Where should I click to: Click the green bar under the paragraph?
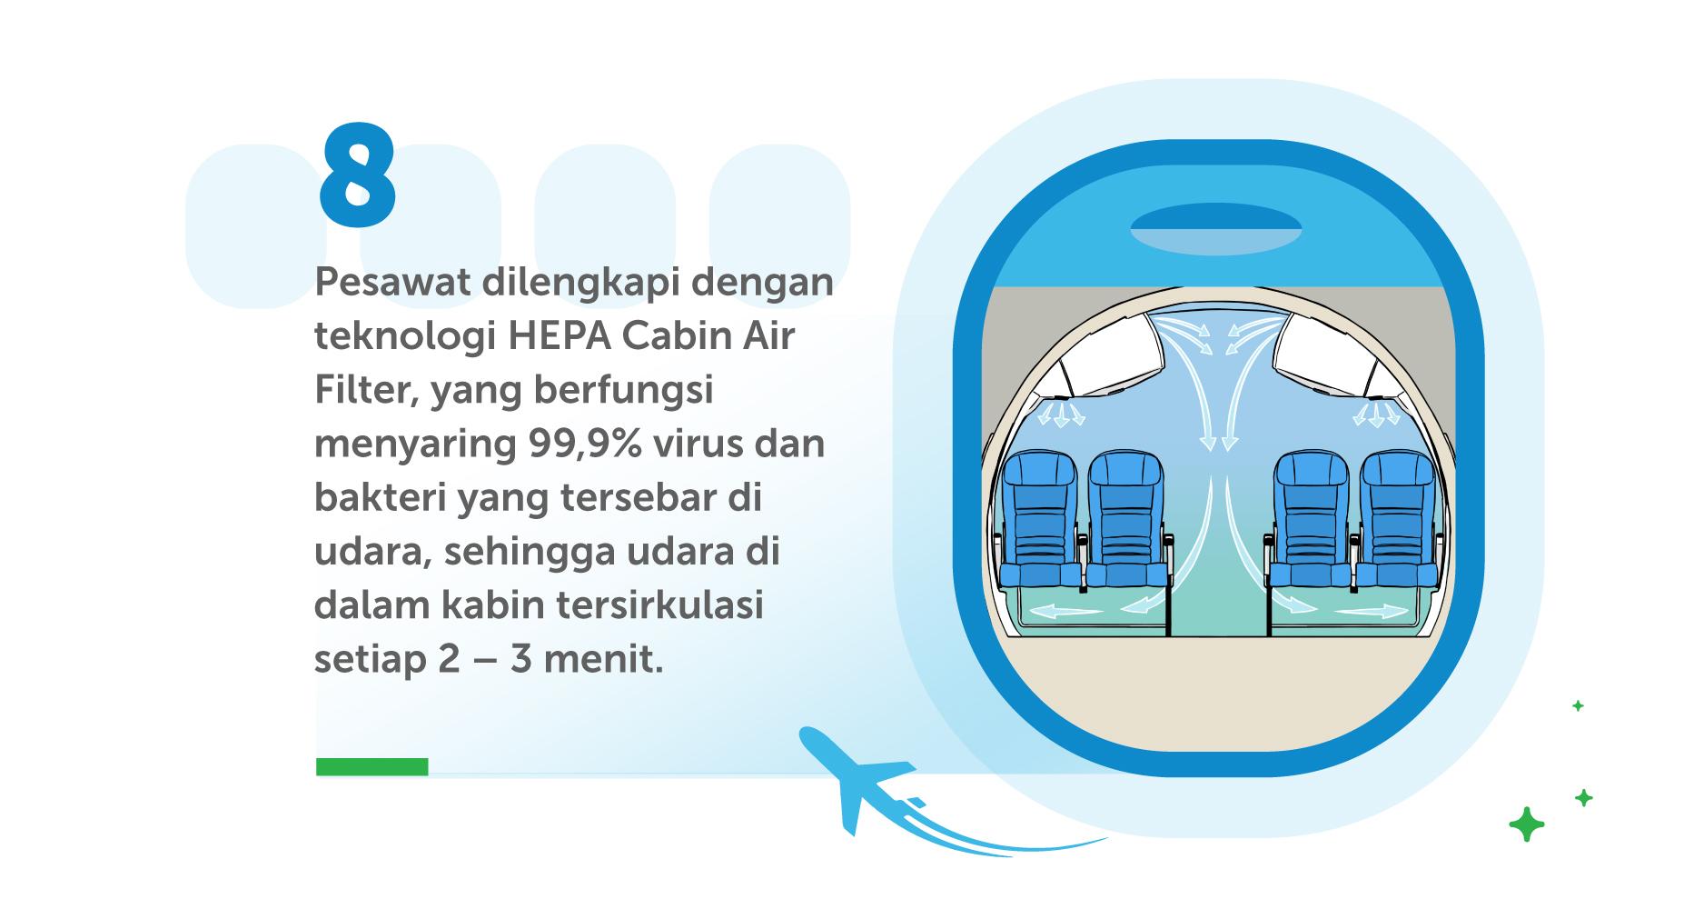372,766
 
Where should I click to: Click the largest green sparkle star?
1526,824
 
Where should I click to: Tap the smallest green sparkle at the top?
1578,705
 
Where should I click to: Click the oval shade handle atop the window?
1215,228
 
